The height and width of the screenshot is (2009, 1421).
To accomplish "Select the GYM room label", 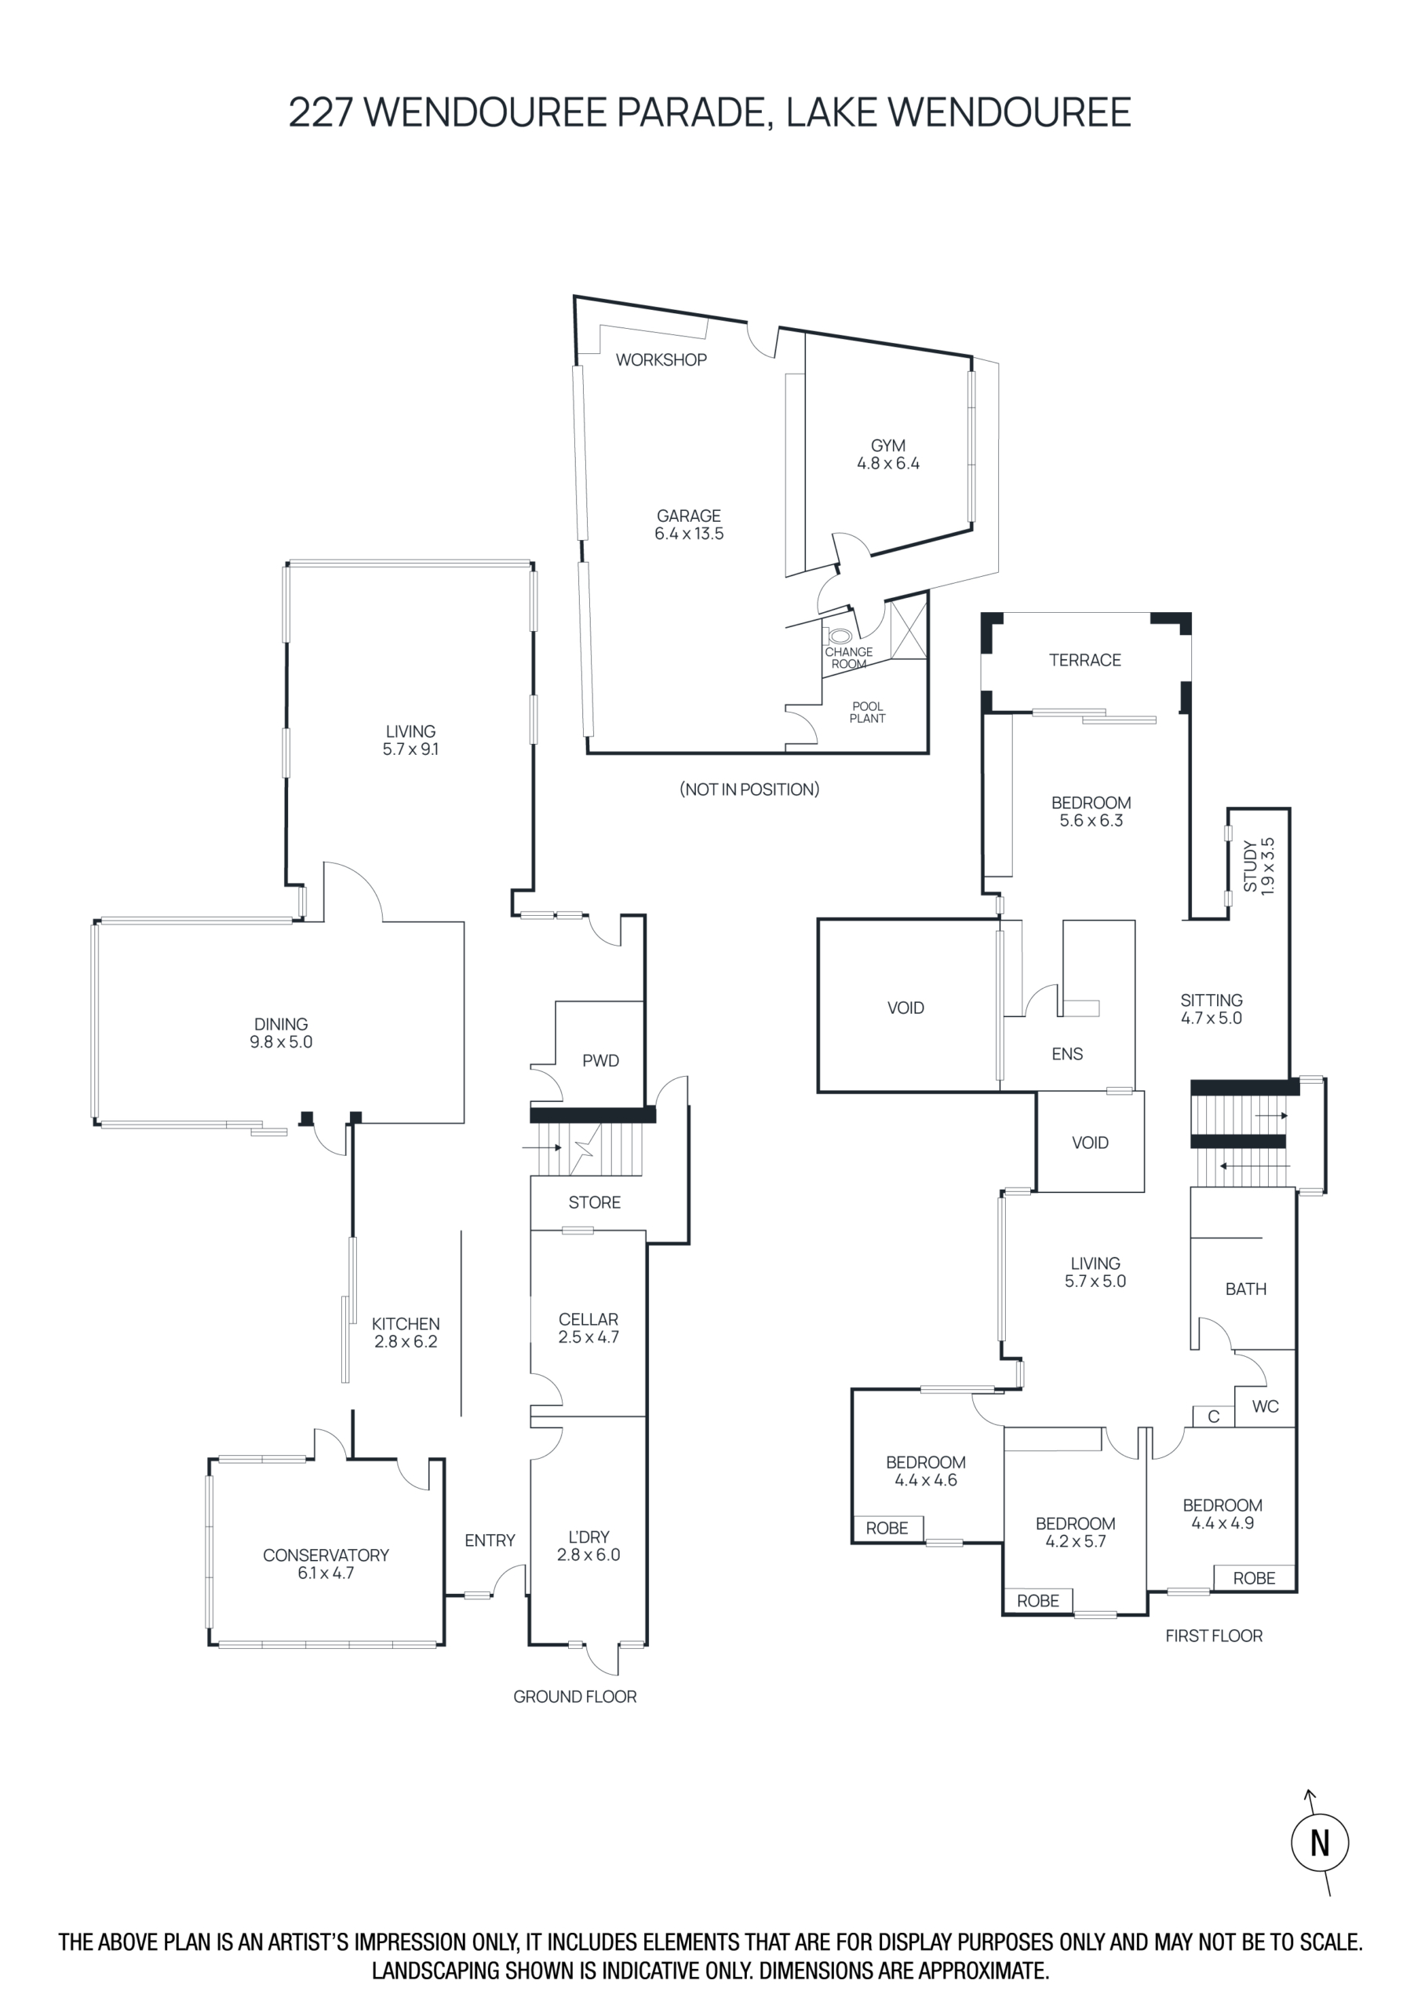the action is coord(888,446).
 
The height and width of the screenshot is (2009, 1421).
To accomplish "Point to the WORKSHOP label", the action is coord(661,359).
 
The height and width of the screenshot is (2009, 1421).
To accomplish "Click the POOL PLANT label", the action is coord(867,713).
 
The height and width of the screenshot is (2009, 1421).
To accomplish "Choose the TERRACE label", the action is coord(1085,660).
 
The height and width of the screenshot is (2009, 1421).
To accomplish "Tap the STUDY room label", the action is coord(1251,866).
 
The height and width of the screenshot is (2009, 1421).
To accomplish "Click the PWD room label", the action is coord(600,1060).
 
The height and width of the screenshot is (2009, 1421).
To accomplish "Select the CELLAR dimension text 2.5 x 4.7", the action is coord(588,1337).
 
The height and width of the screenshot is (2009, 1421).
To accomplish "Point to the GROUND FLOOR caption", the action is coord(575,1697).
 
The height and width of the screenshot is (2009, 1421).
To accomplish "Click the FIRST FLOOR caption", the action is coord(1214,1635).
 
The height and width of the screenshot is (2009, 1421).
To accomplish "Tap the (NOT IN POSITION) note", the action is coord(750,789).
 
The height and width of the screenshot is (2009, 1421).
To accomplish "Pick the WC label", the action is coord(1266,1406).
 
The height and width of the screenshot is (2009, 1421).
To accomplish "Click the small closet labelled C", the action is coord(1214,1416).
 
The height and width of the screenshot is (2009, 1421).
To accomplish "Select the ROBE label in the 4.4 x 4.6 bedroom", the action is coord(887,1528).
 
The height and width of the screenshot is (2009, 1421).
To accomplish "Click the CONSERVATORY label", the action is coord(326,1555).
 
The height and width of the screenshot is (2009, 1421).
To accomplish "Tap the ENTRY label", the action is coord(490,1540).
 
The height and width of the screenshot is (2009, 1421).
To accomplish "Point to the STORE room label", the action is coord(595,1202).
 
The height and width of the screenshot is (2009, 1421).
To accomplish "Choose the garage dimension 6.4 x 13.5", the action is coord(690,534).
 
